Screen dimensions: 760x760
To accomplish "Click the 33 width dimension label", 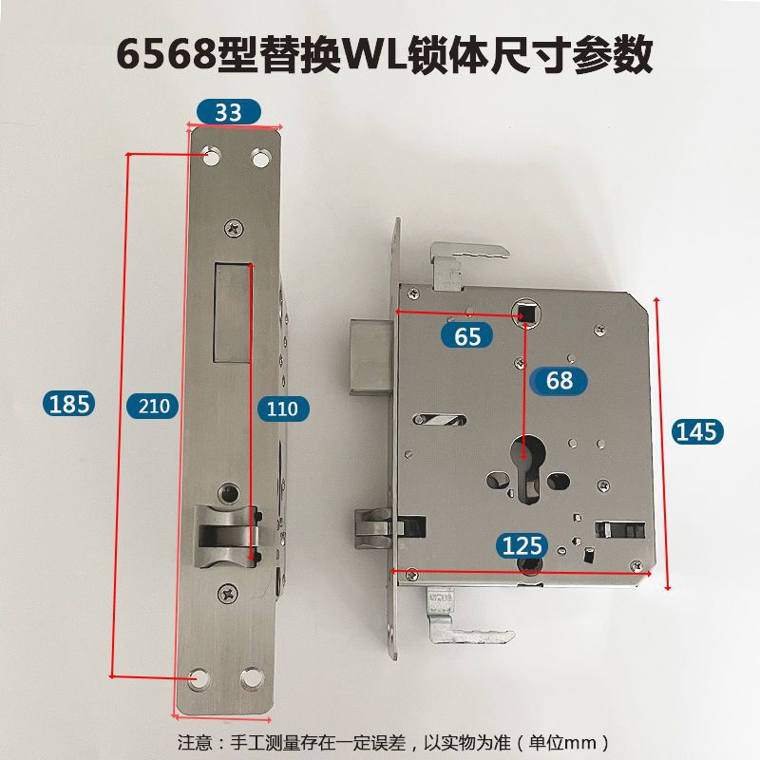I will click(x=228, y=111).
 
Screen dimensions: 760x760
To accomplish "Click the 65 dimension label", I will click(x=467, y=334).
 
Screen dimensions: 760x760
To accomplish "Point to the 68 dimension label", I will click(x=560, y=380).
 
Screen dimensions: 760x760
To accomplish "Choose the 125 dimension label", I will click(x=522, y=545).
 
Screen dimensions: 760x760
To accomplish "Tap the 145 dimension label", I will click(x=697, y=431).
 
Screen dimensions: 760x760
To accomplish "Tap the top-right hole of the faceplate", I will click(x=259, y=156).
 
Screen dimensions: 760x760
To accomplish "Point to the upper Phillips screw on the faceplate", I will click(x=234, y=228).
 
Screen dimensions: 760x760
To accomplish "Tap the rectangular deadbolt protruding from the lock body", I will click(x=368, y=358).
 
